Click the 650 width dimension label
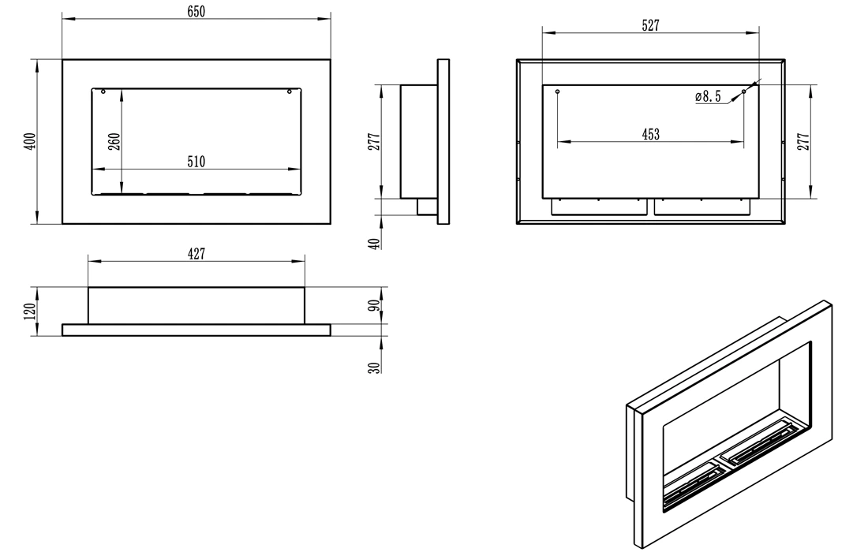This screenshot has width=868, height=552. pos(196,11)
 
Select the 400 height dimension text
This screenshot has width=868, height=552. pos(30,141)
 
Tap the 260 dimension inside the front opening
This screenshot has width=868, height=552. pos(114,141)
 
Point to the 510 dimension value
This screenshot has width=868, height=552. pos(196,162)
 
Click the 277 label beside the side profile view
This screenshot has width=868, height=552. pos(375,141)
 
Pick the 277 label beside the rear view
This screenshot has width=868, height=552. pos(804,141)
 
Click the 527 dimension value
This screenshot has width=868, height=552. pos(650,26)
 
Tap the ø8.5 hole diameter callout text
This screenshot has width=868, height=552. pos(708,97)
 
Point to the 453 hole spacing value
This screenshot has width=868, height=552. pos(650,135)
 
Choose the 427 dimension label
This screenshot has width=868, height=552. pos(196,253)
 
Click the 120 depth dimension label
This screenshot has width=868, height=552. pos(30,311)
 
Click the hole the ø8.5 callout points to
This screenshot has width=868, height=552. pos(743,92)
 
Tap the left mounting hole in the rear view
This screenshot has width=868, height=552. pos(558,92)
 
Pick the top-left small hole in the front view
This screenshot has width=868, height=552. pos(103,92)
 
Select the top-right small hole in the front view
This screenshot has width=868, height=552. pos(290,92)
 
